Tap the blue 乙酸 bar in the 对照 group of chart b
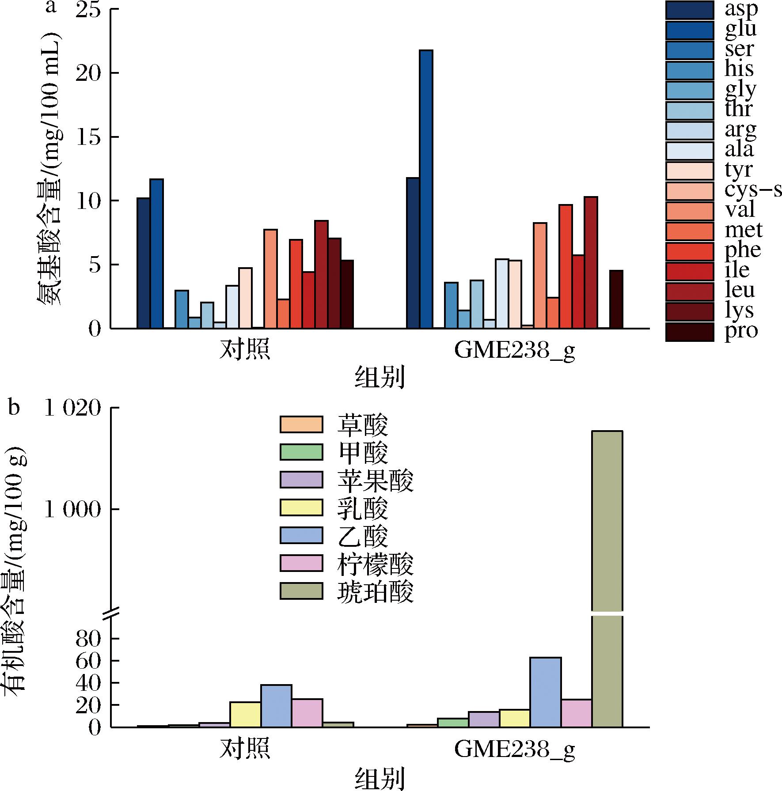pyautogui.click(x=276, y=705)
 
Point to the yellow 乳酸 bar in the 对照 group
pyautogui.click(x=245, y=714)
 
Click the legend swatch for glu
pyautogui.click(x=689, y=30)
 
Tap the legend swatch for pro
pyautogui.click(x=689, y=331)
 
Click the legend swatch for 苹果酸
pyautogui.click(x=301, y=479)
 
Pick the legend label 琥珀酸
pyautogui.click(x=375, y=593)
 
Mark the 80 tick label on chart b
pyautogui.click(x=88, y=640)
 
